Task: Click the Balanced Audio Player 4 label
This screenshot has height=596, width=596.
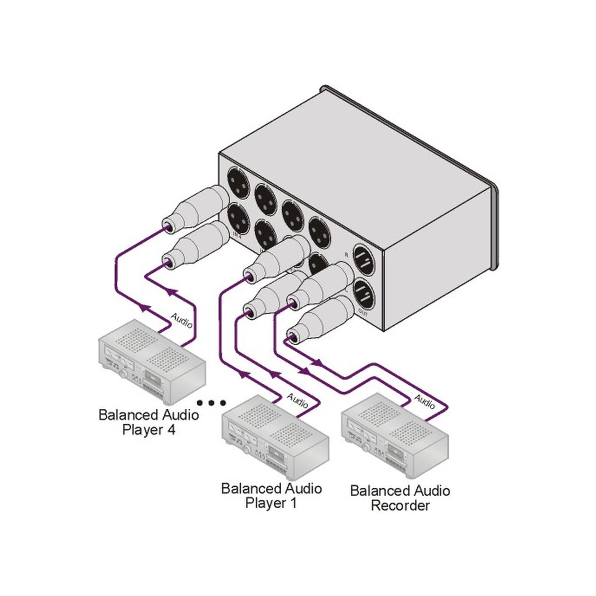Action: click(148, 422)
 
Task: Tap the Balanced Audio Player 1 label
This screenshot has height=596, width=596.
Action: click(271, 495)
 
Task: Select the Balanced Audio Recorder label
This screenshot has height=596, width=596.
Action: click(400, 498)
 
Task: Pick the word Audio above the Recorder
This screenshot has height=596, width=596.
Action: click(425, 401)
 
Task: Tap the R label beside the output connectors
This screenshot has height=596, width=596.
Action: click(346, 254)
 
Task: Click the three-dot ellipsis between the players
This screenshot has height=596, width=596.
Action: click(211, 402)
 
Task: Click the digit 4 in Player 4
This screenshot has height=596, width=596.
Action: click(170, 430)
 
